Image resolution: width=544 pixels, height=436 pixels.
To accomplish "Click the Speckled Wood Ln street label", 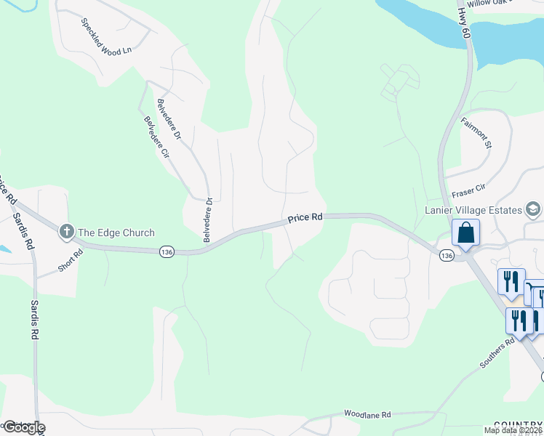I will click(x=106, y=36).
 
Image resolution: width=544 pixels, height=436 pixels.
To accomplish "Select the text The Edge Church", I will click(x=116, y=233).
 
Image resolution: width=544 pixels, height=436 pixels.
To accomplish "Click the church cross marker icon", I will click(x=66, y=233).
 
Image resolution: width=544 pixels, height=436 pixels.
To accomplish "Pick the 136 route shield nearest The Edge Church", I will click(x=167, y=251).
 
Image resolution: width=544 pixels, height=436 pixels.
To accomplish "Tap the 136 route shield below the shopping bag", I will click(x=447, y=255).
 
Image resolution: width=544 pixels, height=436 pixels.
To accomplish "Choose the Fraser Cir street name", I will click(x=468, y=190).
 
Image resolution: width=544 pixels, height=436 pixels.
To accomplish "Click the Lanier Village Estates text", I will click(x=473, y=210).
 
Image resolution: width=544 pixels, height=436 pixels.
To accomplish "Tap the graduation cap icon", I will click(x=533, y=210).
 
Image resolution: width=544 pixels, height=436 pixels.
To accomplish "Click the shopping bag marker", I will click(x=465, y=233).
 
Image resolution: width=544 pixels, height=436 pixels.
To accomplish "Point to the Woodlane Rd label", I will click(x=367, y=413).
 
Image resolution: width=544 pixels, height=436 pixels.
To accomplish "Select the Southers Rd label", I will click(x=497, y=352).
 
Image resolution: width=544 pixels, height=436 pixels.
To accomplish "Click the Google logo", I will click(x=23, y=427).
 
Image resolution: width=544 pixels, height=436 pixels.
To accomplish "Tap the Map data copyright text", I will click(x=513, y=430).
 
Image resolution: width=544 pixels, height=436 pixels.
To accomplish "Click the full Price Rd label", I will click(x=305, y=217).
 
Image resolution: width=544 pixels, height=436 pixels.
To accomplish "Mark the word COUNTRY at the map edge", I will click(x=518, y=424).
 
